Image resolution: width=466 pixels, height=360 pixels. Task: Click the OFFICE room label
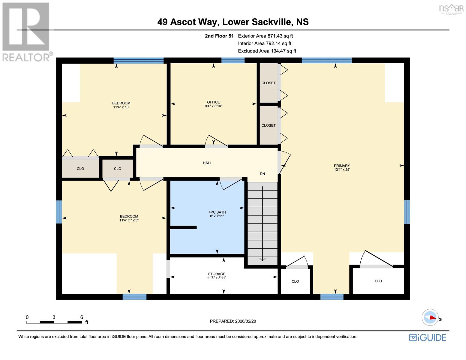[x=213, y=102]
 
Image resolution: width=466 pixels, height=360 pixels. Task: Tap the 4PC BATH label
[x=217, y=212]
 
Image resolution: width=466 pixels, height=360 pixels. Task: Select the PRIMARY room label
[x=342, y=166]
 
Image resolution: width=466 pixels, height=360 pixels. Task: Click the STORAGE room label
[x=216, y=274]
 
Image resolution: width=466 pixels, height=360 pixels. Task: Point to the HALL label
[x=207, y=163]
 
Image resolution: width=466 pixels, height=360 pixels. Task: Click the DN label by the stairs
[x=262, y=174]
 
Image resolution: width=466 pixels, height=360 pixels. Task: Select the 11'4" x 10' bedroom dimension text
[x=121, y=107]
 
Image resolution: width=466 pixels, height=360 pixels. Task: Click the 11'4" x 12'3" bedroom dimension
[x=129, y=220]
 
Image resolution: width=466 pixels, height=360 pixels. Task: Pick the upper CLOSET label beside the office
[x=268, y=83]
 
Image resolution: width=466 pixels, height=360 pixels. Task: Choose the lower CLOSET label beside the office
[x=268, y=125]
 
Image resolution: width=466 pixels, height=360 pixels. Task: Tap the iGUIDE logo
[x=428, y=337]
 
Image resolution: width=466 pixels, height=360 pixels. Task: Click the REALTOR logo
[x=26, y=31]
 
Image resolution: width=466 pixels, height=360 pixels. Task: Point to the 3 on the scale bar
[x=54, y=317]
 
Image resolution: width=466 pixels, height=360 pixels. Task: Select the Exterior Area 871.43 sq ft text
[x=265, y=36]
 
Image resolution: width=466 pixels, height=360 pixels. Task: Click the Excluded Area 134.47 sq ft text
[x=267, y=51]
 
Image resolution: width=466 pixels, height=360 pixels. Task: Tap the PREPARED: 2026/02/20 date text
[x=233, y=321]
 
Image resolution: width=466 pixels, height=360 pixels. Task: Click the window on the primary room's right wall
[x=407, y=212]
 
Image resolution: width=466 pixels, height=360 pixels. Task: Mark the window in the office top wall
[x=233, y=60]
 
